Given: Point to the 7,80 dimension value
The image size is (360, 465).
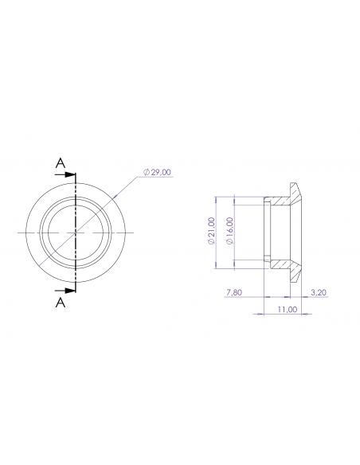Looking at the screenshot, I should coord(234,293).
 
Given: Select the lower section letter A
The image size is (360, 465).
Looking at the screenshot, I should coord(60,303).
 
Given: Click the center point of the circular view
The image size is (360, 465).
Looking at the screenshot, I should coord(75,232).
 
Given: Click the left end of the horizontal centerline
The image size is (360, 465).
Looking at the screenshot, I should coord(18,232).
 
